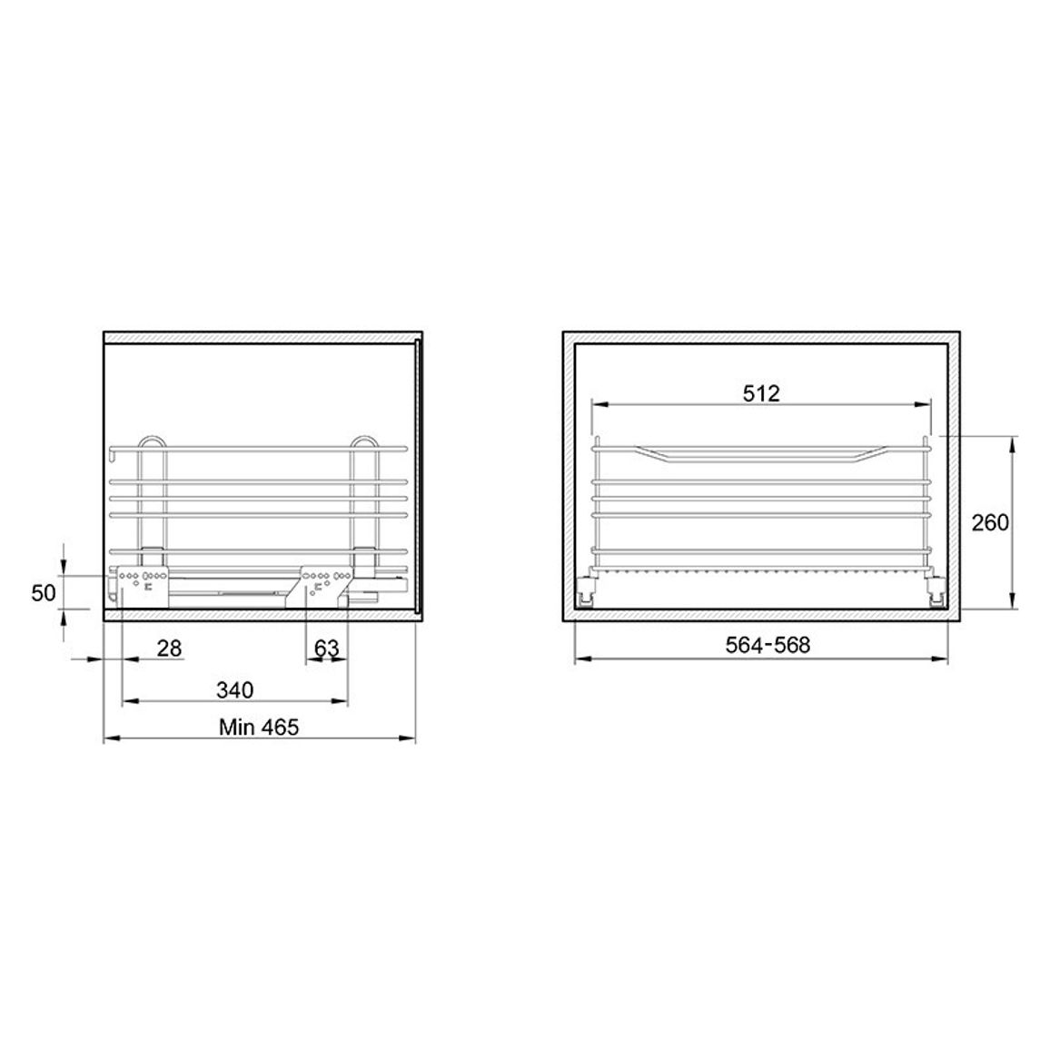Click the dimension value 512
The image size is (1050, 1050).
[x=761, y=393]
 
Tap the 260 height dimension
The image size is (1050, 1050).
[x=990, y=522]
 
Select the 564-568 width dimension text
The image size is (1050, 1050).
[x=768, y=645]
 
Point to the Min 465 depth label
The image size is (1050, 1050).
[x=259, y=727]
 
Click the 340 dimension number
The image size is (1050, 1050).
[x=235, y=689]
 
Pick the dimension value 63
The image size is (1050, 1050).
[x=326, y=649]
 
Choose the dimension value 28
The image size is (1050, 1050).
[x=170, y=649]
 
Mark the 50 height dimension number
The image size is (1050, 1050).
[x=44, y=592]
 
